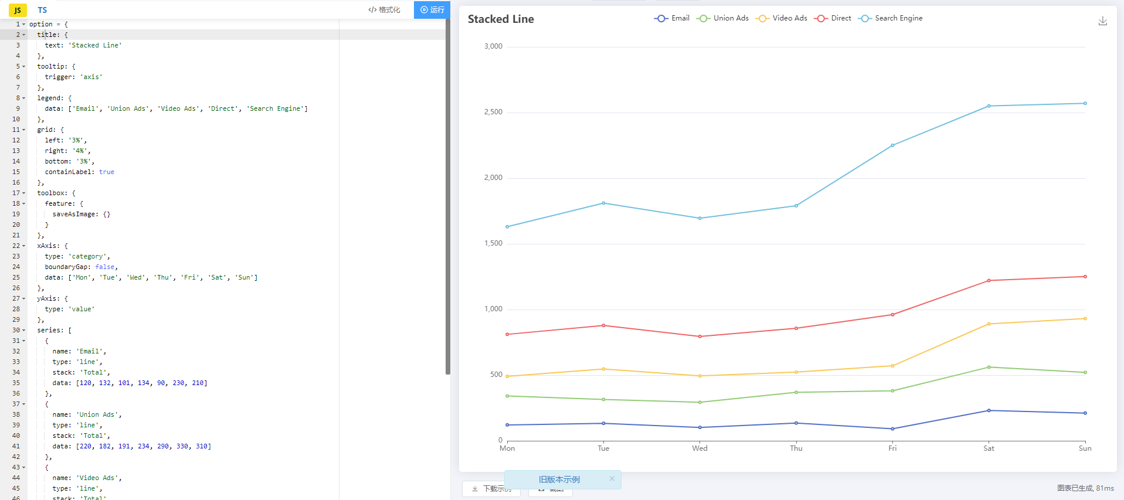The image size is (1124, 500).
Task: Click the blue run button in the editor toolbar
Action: point(432,9)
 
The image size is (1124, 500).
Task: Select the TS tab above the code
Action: point(42,10)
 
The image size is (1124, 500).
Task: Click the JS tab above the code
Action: point(18,10)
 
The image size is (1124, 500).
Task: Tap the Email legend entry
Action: point(672,18)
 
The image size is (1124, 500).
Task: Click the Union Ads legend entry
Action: point(723,18)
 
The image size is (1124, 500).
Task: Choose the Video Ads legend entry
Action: point(782,18)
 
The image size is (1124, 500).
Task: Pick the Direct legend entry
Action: point(833,18)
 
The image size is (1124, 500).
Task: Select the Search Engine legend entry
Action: point(891,18)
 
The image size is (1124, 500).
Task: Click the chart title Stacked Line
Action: point(501,19)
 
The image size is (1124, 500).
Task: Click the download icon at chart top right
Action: point(1102,21)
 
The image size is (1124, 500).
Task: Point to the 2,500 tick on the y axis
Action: point(493,112)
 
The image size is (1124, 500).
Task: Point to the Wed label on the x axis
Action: point(699,448)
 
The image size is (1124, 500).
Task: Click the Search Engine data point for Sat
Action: point(989,106)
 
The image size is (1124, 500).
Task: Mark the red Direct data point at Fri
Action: point(892,315)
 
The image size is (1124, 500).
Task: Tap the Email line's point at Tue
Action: point(603,423)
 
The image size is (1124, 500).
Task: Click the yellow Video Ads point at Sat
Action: point(989,324)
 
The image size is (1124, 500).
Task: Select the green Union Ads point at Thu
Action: point(796,392)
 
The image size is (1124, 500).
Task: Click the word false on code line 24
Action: point(105,267)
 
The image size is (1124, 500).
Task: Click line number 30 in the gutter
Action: point(16,330)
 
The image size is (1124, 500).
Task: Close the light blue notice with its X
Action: point(612,478)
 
